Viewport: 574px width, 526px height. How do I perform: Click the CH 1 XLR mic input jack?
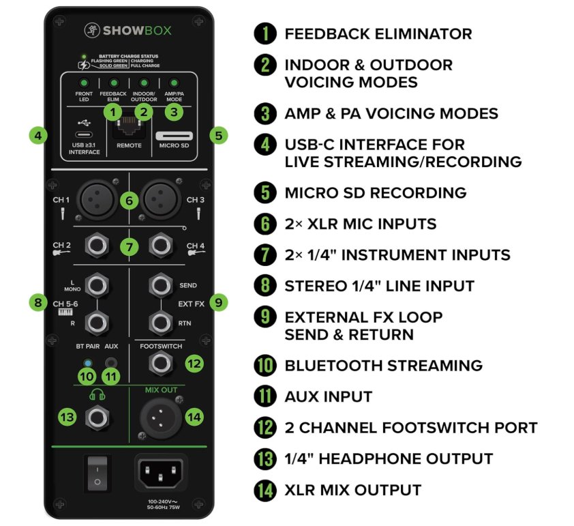[x=97, y=200]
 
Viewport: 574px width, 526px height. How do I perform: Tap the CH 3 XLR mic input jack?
[x=161, y=200]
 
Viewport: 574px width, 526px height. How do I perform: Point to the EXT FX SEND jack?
[x=161, y=285]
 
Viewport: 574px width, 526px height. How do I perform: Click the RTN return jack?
[x=161, y=323]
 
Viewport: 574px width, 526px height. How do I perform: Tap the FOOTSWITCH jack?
[x=161, y=364]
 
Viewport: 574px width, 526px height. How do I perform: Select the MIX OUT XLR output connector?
[x=161, y=418]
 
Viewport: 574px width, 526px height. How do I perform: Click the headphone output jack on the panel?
[x=97, y=418]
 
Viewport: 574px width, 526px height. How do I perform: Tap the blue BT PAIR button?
[x=87, y=363]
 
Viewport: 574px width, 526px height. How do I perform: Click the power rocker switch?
[x=97, y=473]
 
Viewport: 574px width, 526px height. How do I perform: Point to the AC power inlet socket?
[x=161, y=473]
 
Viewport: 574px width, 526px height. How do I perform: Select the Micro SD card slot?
[x=175, y=136]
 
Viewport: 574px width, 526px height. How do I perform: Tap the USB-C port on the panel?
[x=84, y=134]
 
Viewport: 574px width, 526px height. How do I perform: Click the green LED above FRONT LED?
[x=84, y=83]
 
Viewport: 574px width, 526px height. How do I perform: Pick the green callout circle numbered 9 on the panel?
[x=219, y=302]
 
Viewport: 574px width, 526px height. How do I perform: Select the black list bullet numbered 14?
[x=265, y=490]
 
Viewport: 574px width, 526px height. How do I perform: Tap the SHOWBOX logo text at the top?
[x=137, y=31]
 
